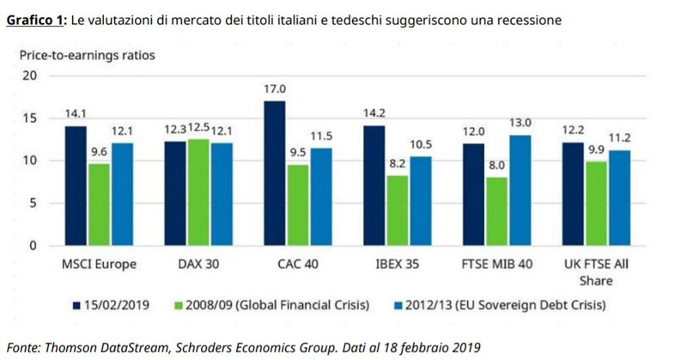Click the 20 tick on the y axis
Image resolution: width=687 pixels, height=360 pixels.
[32, 76]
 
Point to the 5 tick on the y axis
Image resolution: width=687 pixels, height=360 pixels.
[34, 203]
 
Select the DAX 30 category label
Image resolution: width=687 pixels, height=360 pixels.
[199, 263]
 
